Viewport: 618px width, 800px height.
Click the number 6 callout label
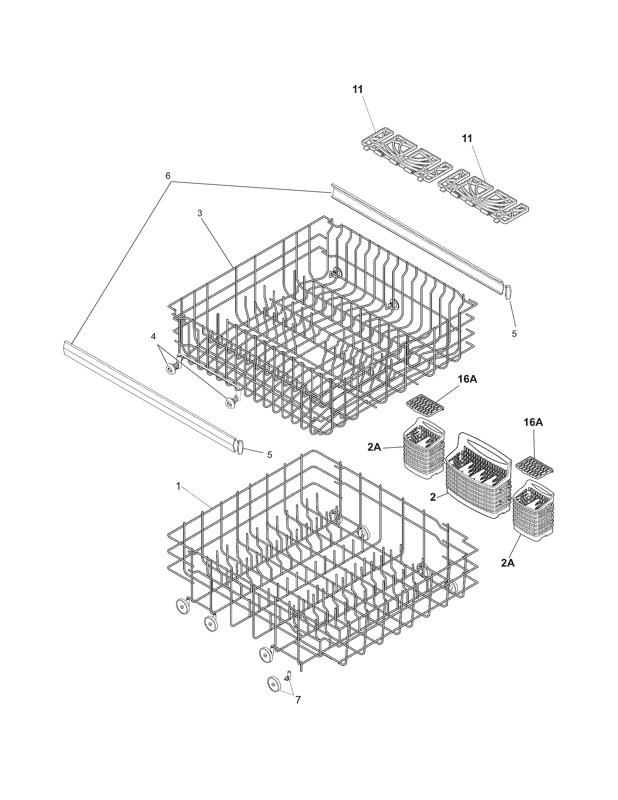pos(168,176)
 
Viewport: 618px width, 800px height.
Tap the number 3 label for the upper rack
pos(200,213)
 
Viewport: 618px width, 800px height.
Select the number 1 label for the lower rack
pos(178,486)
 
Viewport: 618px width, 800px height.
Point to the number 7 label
pos(298,700)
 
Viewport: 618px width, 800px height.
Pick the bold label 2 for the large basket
pos(433,497)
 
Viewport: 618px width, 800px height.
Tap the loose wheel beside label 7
pos(274,684)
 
